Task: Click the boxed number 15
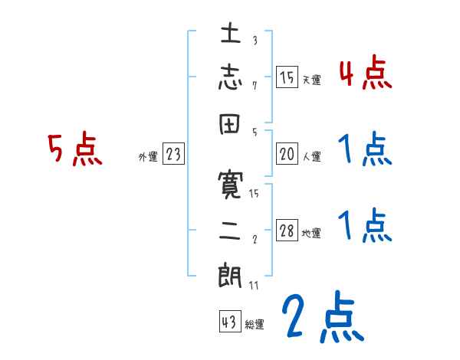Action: [x=287, y=77]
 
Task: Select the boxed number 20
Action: [x=287, y=155]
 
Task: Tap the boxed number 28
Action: [x=287, y=231]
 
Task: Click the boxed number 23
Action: [x=173, y=155]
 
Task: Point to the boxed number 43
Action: [x=229, y=322]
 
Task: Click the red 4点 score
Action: [x=365, y=74]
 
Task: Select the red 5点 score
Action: [x=74, y=149]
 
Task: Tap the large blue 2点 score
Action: [x=320, y=316]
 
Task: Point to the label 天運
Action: [x=311, y=79]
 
